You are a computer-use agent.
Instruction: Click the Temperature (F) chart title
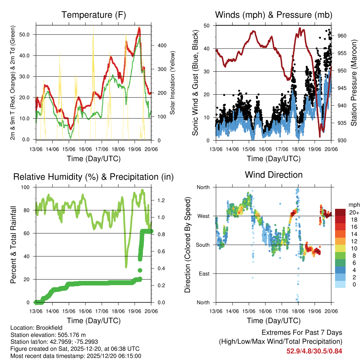(x=94, y=15)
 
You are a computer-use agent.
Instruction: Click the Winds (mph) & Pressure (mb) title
(x=274, y=15)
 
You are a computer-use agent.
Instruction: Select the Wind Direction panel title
(x=274, y=174)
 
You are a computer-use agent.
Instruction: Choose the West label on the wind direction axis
(x=203, y=216)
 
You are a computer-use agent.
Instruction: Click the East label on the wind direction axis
(x=204, y=274)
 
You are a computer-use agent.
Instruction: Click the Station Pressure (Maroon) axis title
(x=354, y=83)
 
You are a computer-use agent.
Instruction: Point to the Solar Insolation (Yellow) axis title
(x=173, y=83)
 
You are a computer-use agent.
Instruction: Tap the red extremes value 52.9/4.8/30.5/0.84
(x=314, y=351)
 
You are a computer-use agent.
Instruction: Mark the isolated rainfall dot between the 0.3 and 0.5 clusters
(x=140, y=270)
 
